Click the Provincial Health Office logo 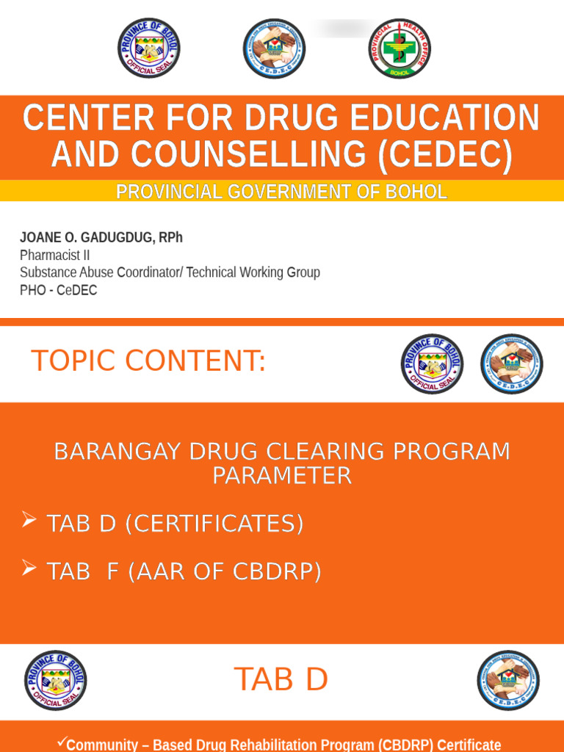399,49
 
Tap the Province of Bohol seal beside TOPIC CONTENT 433,364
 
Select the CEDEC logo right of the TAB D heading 507,680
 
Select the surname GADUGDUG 108,238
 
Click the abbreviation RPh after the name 169,238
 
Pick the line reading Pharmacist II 54,256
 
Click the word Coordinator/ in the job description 150,273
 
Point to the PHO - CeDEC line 58,291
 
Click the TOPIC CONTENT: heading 148,361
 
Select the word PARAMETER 282,476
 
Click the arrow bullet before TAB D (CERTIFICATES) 29,521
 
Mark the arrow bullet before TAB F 29,568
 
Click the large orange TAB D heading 281,680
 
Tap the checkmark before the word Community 62,743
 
